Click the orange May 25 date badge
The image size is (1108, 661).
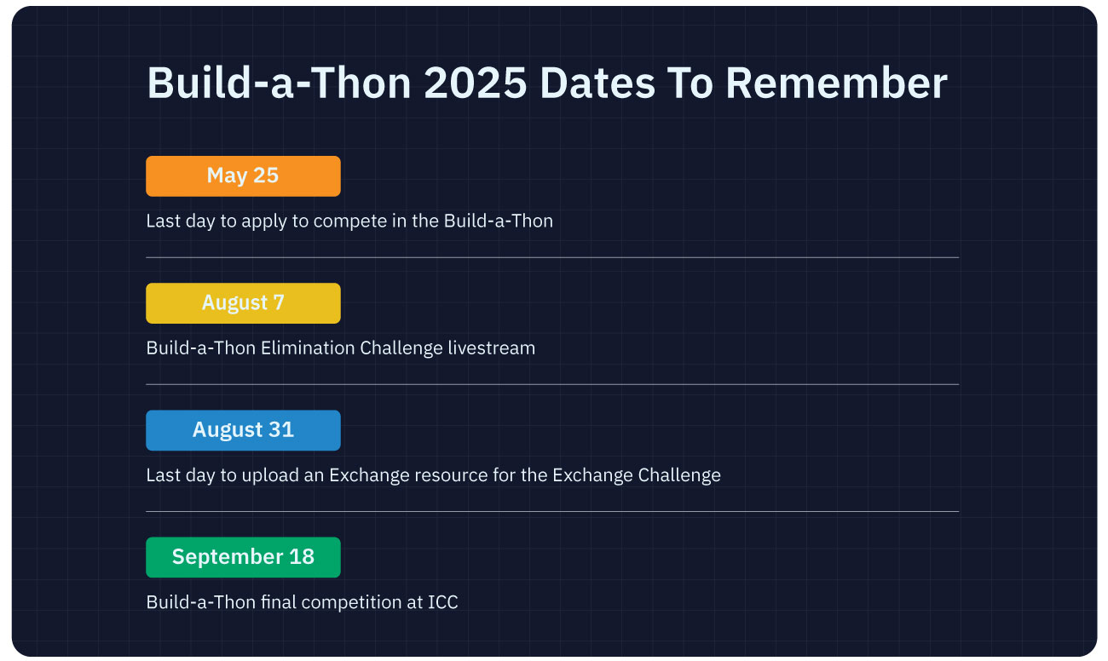243,176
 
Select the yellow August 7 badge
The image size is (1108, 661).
243,303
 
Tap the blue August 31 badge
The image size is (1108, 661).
243,430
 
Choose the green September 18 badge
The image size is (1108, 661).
243,557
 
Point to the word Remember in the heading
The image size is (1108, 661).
836,83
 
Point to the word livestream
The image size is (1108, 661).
492,348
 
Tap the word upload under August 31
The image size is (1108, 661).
271,475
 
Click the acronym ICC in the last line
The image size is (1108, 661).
443,602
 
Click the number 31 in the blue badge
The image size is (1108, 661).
281,430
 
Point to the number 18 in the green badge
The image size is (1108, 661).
302,557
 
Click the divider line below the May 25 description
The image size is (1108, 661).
552,257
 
